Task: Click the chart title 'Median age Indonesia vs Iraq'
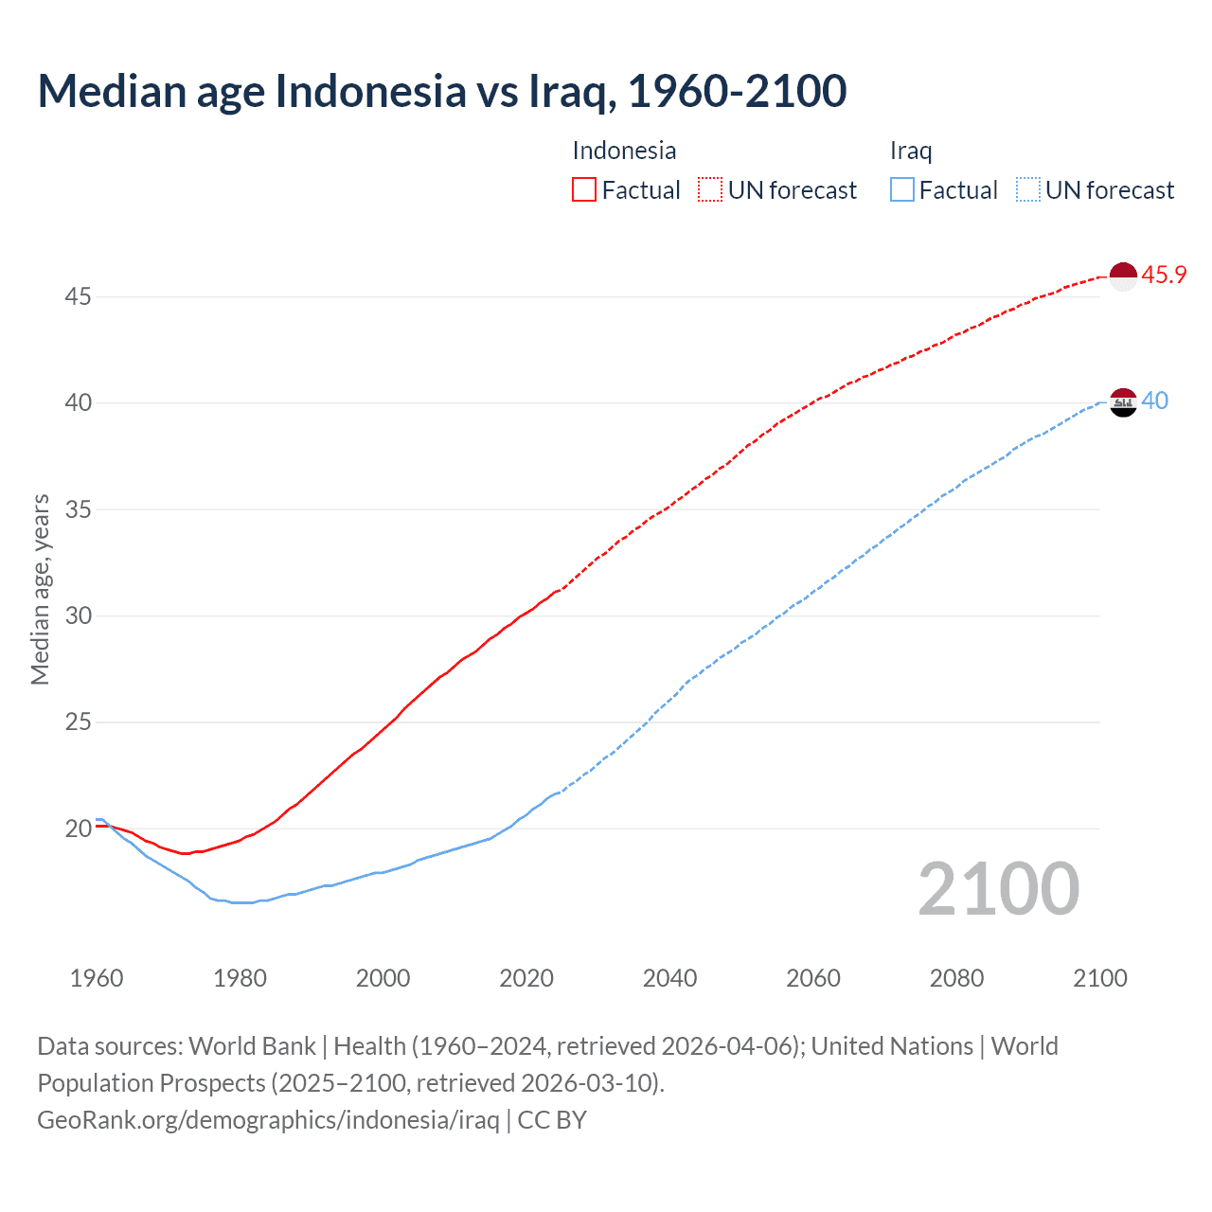tap(441, 91)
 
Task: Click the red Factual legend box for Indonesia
tap(584, 190)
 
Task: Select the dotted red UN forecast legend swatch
tap(710, 190)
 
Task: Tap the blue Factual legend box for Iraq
tap(901, 190)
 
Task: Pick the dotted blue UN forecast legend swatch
tap(1027, 190)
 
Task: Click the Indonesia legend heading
tap(624, 151)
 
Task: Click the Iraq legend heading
tap(911, 151)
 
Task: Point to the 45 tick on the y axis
tap(78, 296)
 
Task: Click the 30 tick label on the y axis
tap(78, 616)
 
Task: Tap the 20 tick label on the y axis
tap(78, 829)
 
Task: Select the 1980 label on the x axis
tap(240, 978)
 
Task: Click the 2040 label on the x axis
tap(669, 978)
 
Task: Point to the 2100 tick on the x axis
tap(1099, 978)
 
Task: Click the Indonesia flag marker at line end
tap(1123, 276)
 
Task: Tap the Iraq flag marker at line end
tap(1123, 402)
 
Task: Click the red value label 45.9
tap(1164, 276)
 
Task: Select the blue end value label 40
tap(1154, 401)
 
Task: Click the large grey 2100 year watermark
tap(998, 888)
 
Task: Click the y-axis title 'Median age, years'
tap(40, 589)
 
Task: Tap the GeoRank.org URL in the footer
tap(268, 1120)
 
